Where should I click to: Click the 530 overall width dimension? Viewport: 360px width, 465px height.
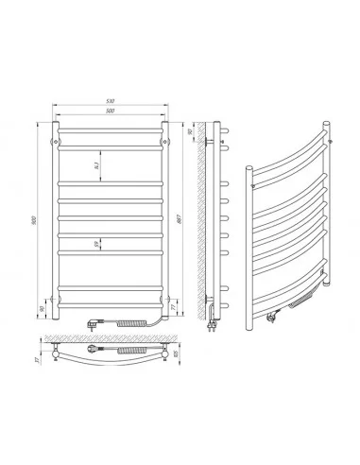point(111,101)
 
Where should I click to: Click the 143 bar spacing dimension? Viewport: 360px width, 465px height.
point(99,166)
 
